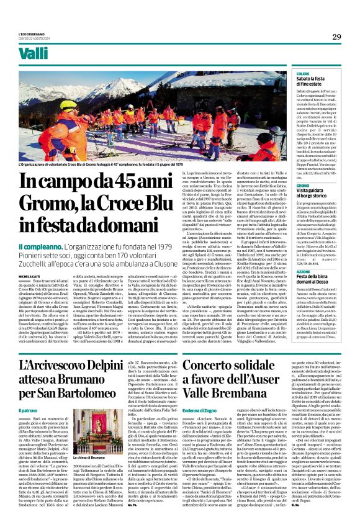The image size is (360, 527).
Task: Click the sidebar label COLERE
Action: point(304,73)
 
